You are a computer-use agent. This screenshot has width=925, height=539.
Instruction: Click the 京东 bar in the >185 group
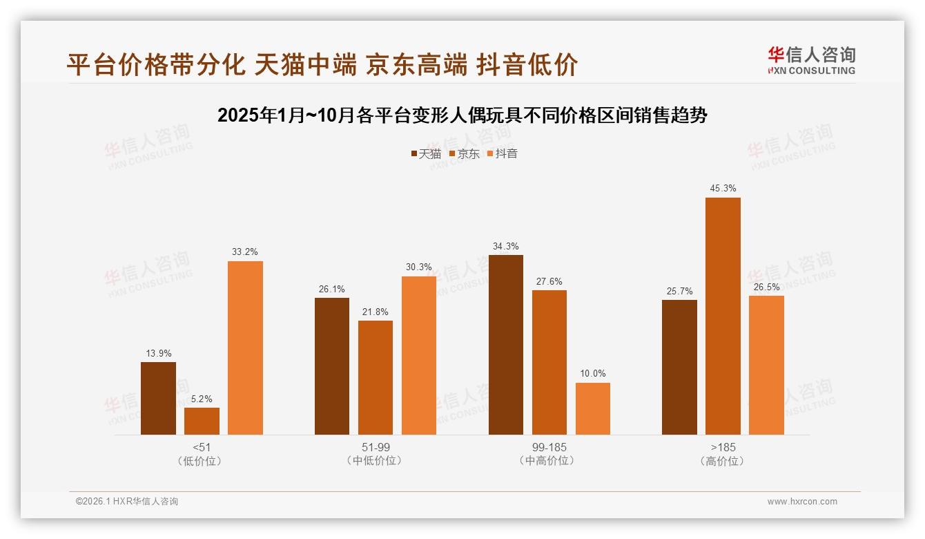pyautogui.click(x=723, y=316)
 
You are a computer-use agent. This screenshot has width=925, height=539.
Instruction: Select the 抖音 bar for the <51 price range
pyautogui.click(x=245, y=348)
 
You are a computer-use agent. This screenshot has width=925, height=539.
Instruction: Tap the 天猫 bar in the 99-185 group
pyautogui.click(x=505, y=344)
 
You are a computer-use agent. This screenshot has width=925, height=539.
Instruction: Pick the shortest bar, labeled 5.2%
pyautogui.click(x=202, y=421)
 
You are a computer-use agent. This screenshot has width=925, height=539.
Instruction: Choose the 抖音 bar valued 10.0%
pyautogui.click(x=592, y=408)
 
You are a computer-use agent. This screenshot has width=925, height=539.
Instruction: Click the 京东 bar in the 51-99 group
pyautogui.click(x=375, y=377)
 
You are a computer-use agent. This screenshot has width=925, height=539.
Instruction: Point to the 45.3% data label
pyautogui.click(x=723, y=188)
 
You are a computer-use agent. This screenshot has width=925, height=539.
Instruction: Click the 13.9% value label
pyautogui.click(x=158, y=353)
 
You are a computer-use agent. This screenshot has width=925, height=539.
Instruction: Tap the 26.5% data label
pyautogui.click(x=766, y=287)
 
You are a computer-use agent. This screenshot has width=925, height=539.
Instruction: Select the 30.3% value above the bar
pyautogui.click(x=418, y=267)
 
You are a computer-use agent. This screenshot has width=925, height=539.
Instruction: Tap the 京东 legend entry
pyautogui.click(x=464, y=154)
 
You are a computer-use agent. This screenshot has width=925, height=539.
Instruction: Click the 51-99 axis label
pyautogui.click(x=375, y=447)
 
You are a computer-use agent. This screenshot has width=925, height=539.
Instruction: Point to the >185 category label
pyautogui.click(x=722, y=447)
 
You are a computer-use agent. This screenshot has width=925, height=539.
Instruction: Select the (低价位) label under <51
pyautogui.click(x=202, y=461)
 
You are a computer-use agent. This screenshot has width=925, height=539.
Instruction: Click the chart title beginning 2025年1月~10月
pyautogui.click(x=462, y=115)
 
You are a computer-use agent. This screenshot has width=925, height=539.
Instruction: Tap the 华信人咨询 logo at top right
pyautogui.click(x=811, y=60)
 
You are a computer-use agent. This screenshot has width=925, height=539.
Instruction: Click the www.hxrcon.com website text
pyautogui.click(x=802, y=502)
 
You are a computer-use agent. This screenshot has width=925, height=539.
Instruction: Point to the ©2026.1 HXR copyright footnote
pyautogui.click(x=127, y=502)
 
